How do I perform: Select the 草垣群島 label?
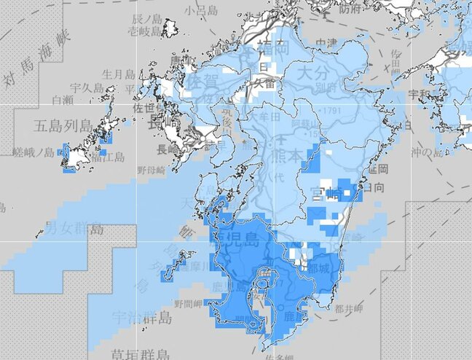click(x=141, y=354)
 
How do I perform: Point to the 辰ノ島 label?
click(x=144, y=17)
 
